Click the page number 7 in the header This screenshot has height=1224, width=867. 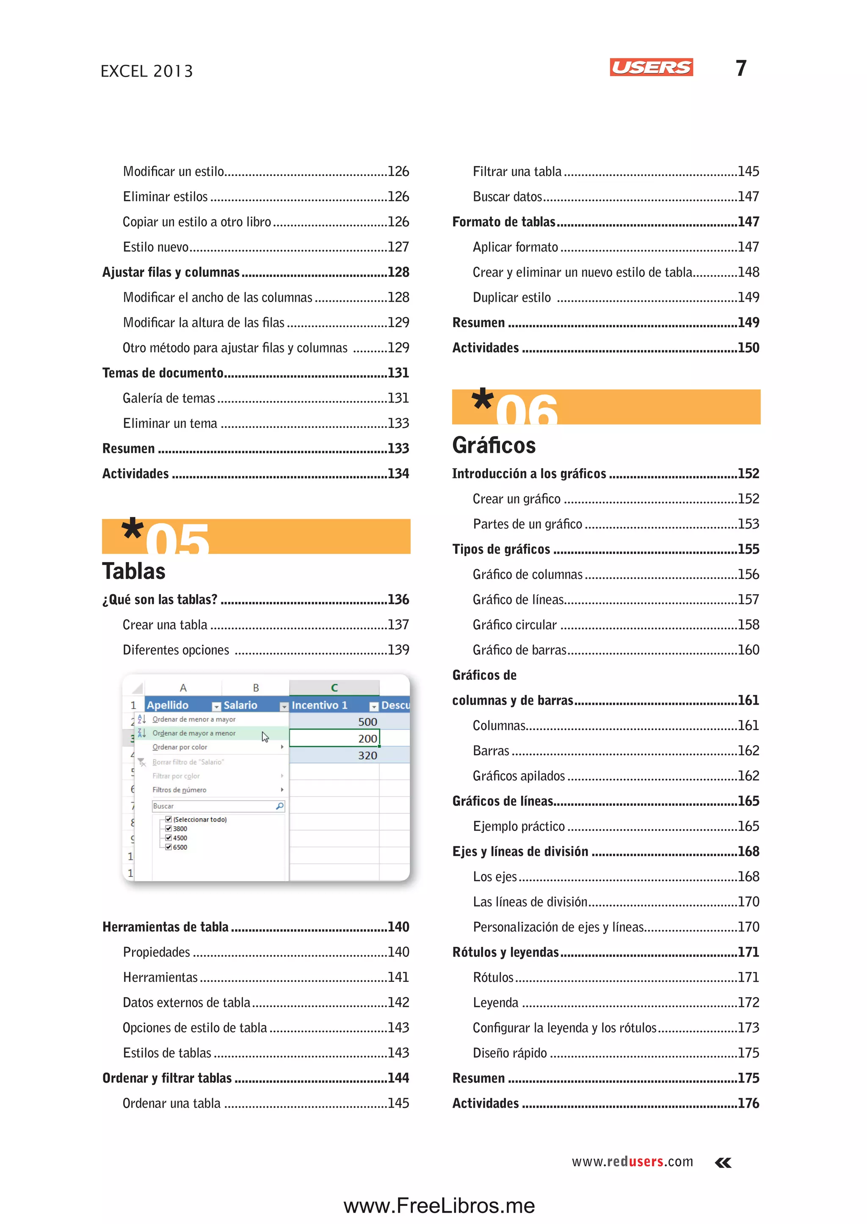click(x=740, y=68)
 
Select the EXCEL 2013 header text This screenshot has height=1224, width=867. click(x=147, y=71)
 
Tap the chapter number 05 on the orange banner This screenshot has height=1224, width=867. click(x=177, y=539)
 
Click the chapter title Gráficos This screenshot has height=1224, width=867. click(x=494, y=445)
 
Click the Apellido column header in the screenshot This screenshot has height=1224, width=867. click(x=168, y=705)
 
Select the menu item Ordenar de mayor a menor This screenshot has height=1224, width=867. click(x=194, y=733)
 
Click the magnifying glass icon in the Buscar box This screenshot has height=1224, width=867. click(x=279, y=806)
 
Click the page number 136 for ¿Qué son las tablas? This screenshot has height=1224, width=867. click(x=398, y=599)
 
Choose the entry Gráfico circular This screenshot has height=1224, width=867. click(x=515, y=625)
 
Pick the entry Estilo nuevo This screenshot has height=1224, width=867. click(x=156, y=247)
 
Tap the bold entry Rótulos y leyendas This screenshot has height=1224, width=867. click(x=505, y=952)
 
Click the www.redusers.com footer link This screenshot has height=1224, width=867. click(x=632, y=1161)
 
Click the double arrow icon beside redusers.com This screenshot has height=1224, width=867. click(x=723, y=1163)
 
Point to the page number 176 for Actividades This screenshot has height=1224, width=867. click(x=748, y=1103)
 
